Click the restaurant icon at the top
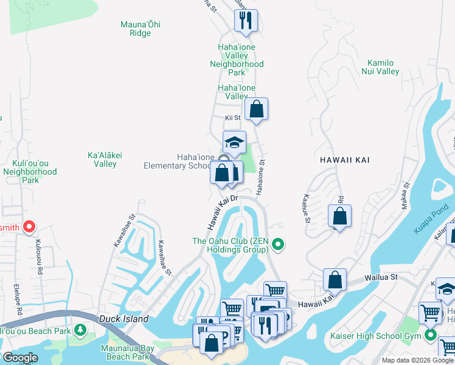tap(246, 21)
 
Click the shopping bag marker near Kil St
tap(257, 110)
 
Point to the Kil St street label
tap(233, 117)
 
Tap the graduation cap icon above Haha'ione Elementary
tap(234, 143)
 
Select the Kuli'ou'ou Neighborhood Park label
tap(35, 172)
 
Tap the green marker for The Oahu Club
tap(279, 245)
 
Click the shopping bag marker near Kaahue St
tap(339, 216)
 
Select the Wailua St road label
tap(381, 277)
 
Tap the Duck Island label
tap(124, 319)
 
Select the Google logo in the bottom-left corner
tap(19, 358)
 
